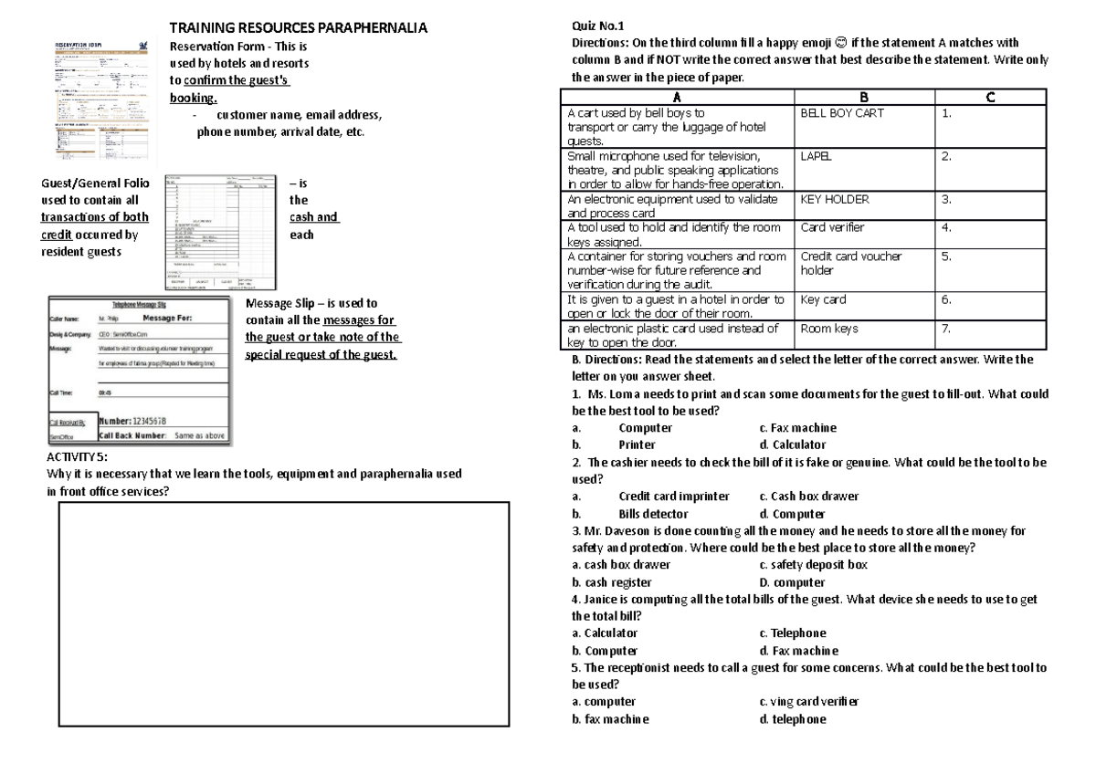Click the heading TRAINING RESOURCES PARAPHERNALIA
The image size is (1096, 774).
pyautogui.click(x=298, y=28)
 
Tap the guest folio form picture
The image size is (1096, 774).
pyautogui.click(x=217, y=232)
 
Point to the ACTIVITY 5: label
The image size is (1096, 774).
pyautogui.click(x=77, y=456)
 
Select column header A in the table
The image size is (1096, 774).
pyautogui.click(x=676, y=99)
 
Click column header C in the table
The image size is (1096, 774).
pyautogui.click(x=991, y=99)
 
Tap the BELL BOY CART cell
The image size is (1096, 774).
pyautogui.click(x=841, y=113)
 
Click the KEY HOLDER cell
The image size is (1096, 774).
pyautogui.click(x=834, y=198)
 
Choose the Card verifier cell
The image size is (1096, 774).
pyautogui.click(x=831, y=227)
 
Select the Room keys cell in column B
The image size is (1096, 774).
pyautogui.click(x=828, y=328)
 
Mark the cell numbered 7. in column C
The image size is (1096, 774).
pyautogui.click(x=947, y=328)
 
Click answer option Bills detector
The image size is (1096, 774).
pyautogui.click(x=653, y=514)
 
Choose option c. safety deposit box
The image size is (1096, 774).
pyautogui.click(x=813, y=564)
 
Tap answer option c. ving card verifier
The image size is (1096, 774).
pyautogui.click(x=808, y=702)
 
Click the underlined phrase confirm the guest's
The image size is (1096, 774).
pyautogui.click(x=237, y=80)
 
